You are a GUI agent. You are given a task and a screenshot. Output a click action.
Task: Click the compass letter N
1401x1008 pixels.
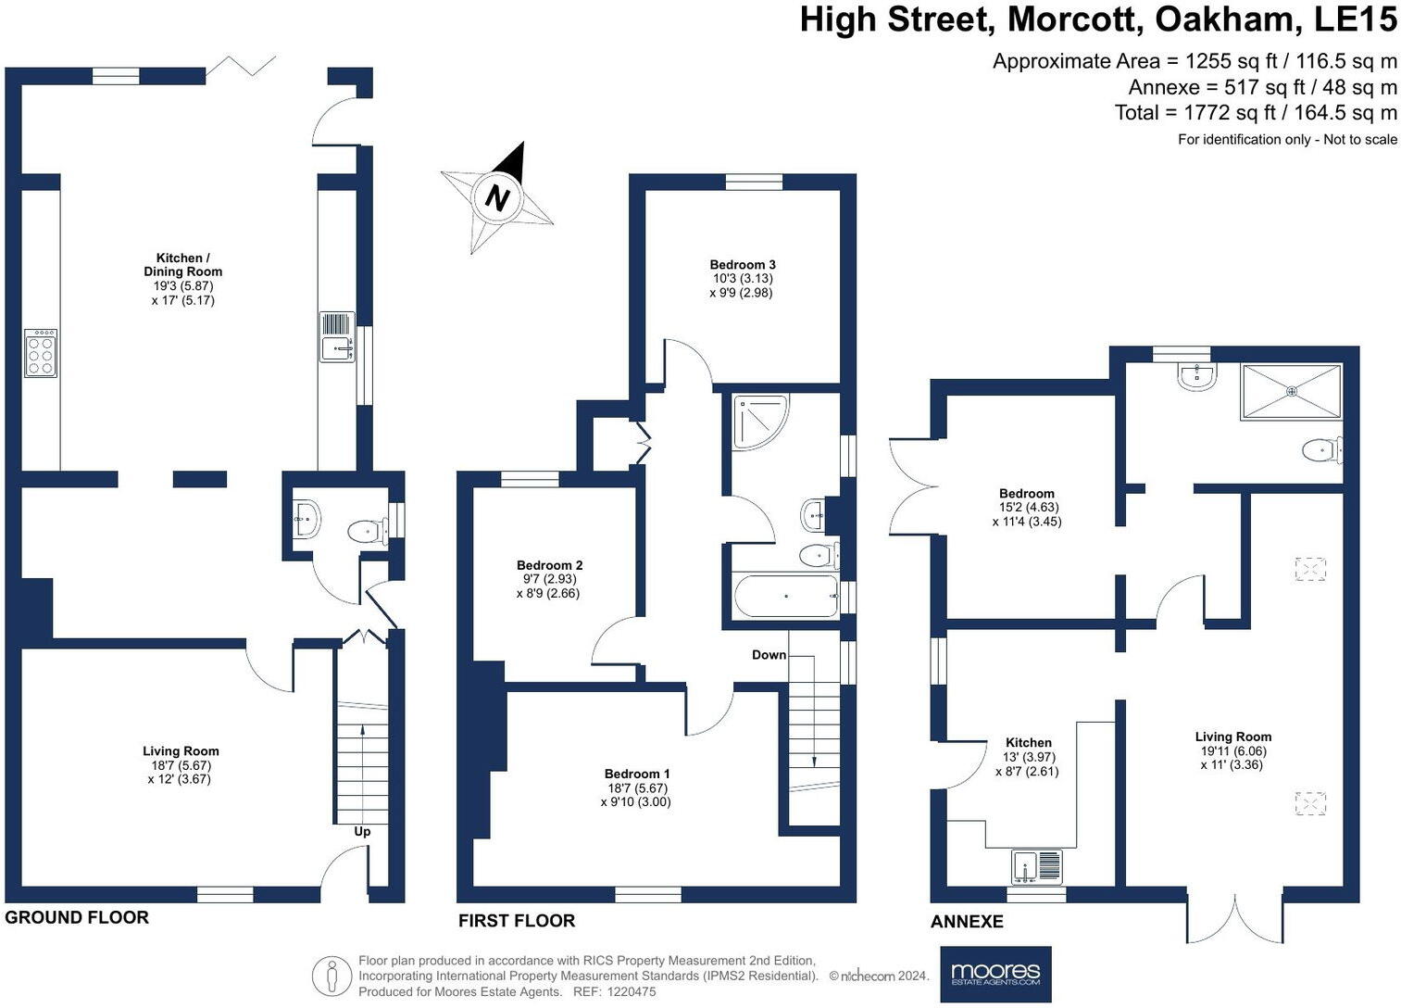[x=498, y=198]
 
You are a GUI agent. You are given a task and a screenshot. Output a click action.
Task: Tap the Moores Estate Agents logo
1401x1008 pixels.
[x=995, y=974]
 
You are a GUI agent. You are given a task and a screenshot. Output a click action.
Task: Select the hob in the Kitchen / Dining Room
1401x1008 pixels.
[x=41, y=353]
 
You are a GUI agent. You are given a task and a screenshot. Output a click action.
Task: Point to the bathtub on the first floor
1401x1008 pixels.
[x=785, y=597]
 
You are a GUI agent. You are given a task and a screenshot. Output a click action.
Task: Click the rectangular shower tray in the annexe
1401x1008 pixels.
[x=1291, y=391]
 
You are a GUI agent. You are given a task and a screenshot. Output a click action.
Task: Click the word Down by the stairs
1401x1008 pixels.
[x=769, y=655]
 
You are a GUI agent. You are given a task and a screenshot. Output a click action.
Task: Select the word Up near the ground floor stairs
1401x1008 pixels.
[x=362, y=831]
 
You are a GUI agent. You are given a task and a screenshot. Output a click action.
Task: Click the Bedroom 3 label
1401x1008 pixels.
[x=742, y=265]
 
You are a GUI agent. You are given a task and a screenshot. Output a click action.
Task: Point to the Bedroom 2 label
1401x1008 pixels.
[x=549, y=565]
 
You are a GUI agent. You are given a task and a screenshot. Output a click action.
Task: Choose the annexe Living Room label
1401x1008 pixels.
[x=1232, y=737]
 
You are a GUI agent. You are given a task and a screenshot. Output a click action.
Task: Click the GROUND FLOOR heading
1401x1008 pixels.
[x=77, y=917]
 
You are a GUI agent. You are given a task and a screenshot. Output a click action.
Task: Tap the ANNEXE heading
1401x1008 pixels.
[x=967, y=921]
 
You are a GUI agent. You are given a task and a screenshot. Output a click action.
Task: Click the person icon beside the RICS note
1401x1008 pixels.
[x=331, y=976]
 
